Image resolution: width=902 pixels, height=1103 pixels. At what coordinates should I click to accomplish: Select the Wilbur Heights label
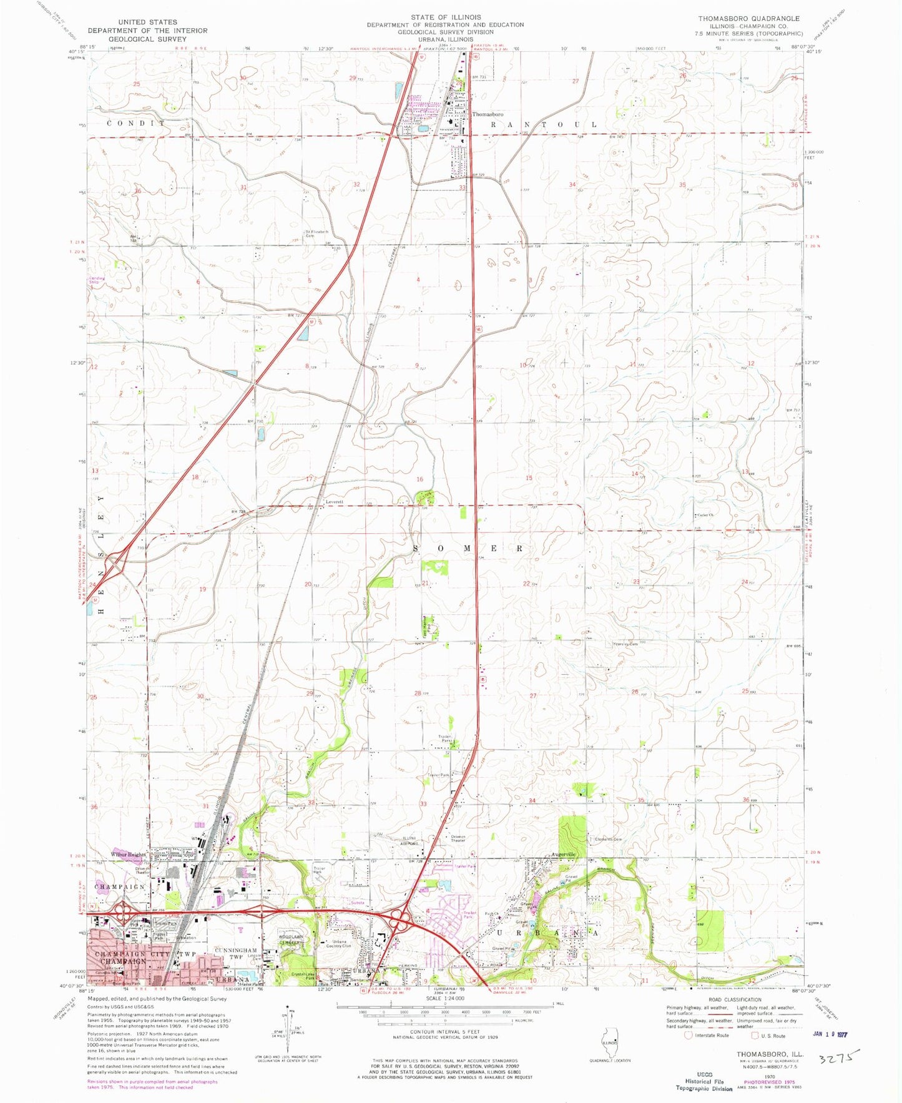[x=129, y=854]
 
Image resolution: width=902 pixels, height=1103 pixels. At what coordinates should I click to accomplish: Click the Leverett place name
[x=335, y=502]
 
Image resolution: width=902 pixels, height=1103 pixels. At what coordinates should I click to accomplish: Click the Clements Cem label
[x=608, y=839]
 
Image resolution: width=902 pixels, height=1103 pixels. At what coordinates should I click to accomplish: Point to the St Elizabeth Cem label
[x=316, y=233]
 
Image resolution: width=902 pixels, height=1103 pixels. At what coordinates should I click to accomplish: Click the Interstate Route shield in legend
[x=689, y=1035]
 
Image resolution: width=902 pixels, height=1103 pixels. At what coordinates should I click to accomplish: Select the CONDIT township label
[x=136, y=124]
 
